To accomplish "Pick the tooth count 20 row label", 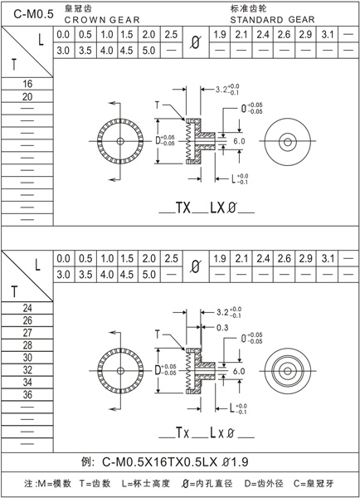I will click(x=27, y=97).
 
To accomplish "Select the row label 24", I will click(x=27, y=307).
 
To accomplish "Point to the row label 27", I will click(x=27, y=332).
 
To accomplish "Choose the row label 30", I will click(x=27, y=357).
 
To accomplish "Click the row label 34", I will click(x=27, y=382).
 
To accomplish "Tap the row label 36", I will click(x=27, y=394).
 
